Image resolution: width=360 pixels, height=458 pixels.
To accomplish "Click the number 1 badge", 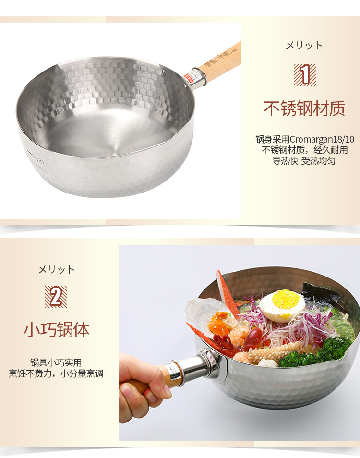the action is click(x=304, y=74).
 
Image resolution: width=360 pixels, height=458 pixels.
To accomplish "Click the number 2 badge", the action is click(x=56, y=297).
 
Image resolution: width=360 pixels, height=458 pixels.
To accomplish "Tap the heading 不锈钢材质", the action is click(x=304, y=108).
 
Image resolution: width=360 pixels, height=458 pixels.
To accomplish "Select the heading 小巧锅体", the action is click(x=57, y=330).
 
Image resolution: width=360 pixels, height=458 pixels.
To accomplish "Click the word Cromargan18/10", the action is click(x=322, y=139).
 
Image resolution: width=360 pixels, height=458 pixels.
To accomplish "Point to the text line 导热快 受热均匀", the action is click(x=304, y=161).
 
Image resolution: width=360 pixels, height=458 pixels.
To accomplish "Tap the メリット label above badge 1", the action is click(x=304, y=46).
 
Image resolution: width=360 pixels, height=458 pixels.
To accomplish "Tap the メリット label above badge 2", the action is click(x=56, y=269).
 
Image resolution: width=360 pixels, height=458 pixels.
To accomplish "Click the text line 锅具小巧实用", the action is click(x=56, y=362).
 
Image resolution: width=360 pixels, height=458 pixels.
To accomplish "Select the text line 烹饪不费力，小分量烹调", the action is click(x=56, y=374).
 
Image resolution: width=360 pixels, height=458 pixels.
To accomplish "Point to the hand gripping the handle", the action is click(x=141, y=386).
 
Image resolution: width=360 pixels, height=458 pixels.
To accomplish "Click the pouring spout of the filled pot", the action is click(x=352, y=348).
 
